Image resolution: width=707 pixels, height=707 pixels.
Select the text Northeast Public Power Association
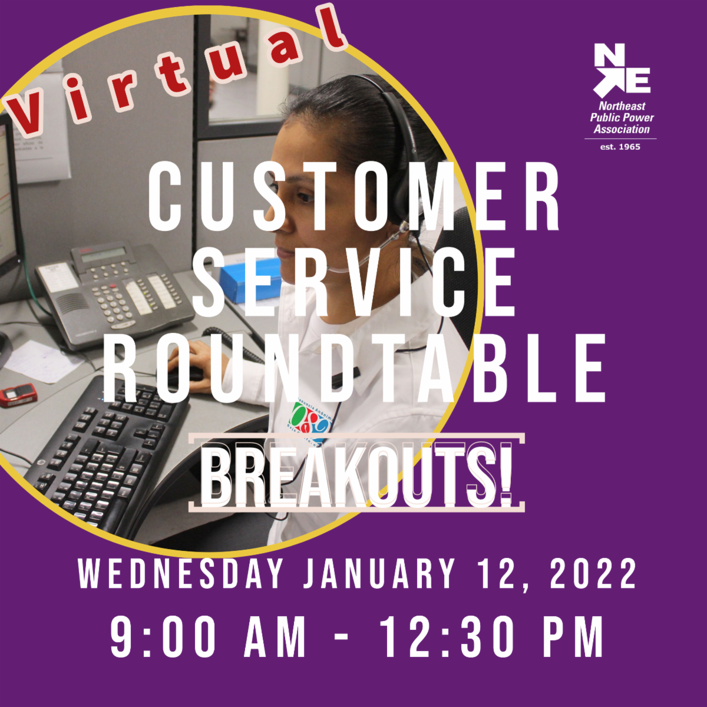[x=622, y=118]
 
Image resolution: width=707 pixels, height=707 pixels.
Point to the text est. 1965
[x=620, y=147]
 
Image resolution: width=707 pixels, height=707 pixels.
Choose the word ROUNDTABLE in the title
[x=353, y=368]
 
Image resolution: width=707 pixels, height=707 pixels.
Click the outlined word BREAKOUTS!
[x=356, y=474]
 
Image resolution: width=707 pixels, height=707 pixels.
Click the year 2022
[x=593, y=574]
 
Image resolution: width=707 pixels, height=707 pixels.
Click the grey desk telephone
[x=114, y=293]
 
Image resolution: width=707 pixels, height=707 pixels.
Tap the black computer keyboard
[x=107, y=455]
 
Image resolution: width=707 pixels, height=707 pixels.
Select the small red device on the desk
[x=18, y=395]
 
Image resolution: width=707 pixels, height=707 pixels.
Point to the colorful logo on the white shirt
[x=310, y=422]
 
